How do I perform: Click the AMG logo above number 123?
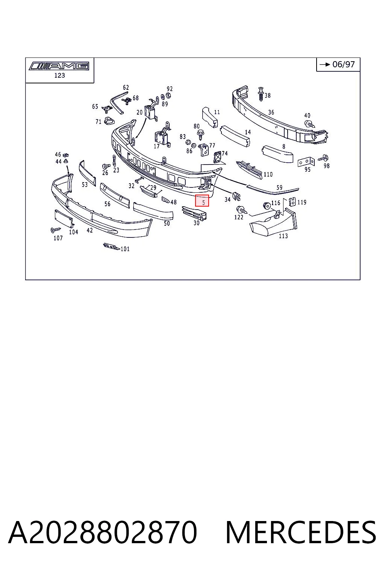pos(59,66)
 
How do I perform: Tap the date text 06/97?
pos(344,64)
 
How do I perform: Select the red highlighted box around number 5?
pos(202,201)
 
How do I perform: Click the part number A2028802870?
pos(103,532)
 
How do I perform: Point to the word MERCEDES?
pos(301,532)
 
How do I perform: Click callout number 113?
pos(283,236)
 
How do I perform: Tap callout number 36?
pos(271,112)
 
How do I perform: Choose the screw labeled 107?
pos(55,230)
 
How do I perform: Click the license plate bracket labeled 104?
pos(64,219)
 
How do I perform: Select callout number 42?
pos(89,230)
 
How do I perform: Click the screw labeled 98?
pos(323,158)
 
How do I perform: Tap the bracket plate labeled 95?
pos(306,162)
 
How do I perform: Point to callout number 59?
pos(279,187)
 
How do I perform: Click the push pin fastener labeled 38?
pos(261,94)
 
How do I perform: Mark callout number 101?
pos(125,249)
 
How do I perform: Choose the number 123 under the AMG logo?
pos(59,76)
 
